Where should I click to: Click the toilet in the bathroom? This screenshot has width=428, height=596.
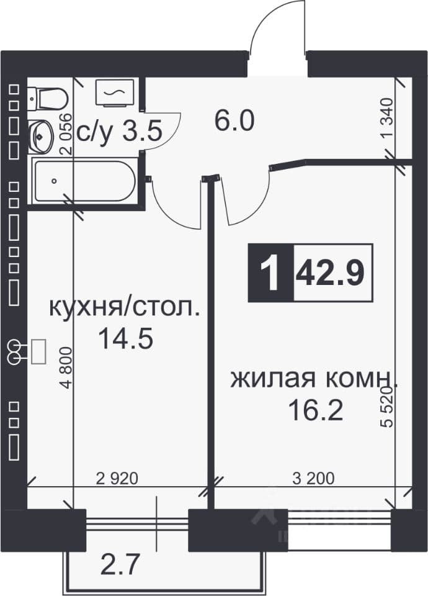click(48, 98)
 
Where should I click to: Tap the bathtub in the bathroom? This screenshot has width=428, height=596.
click(84, 181)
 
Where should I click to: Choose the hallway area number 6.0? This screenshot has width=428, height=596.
click(234, 122)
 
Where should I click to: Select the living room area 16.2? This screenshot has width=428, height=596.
click(316, 410)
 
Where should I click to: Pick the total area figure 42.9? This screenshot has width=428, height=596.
click(330, 272)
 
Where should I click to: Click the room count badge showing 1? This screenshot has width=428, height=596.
click(271, 273)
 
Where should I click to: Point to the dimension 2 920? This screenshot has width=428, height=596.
click(117, 478)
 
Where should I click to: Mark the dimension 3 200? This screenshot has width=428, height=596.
click(314, 478)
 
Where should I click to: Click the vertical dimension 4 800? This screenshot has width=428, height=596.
click(66, 368)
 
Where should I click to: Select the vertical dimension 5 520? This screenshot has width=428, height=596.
click(387, 407)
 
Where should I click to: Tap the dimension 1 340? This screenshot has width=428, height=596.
click(386, 119)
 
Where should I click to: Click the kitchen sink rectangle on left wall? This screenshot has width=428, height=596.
click(38, 352)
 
